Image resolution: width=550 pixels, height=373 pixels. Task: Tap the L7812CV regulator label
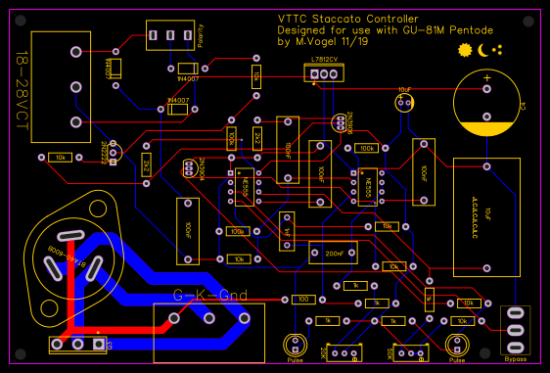click(x=323, y=60)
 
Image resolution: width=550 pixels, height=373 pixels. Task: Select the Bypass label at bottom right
click(x=515, y=359)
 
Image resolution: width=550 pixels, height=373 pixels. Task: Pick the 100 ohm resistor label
click(x=303, y=299)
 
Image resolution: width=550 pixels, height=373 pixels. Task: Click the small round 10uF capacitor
click(x=403, y=103)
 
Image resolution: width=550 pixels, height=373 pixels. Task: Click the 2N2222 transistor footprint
click(x=115, y=152)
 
